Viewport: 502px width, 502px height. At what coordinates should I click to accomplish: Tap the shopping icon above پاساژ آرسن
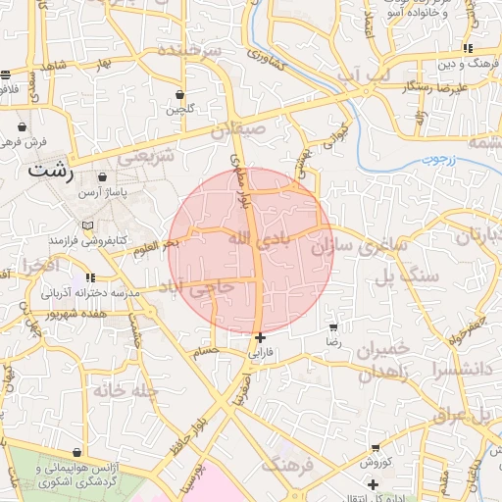tap(102, 177)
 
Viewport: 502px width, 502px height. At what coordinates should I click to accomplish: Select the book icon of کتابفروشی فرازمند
tap(89, 226)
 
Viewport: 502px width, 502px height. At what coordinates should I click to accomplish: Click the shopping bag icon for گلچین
tap(180, 95)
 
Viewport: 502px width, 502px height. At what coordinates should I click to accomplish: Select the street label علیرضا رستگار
tap(438, 87)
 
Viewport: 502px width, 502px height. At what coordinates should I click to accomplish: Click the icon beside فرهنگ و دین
tap(469, 48)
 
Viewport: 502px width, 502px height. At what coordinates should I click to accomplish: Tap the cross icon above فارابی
tap(259, 338)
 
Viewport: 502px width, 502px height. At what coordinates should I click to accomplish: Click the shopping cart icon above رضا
tap(334, 327)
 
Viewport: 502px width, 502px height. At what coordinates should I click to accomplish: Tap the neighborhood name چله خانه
tap(125, 389)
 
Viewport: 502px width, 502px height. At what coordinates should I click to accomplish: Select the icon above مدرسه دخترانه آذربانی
tap(90, 278)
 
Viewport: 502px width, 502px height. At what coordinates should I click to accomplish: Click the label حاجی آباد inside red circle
tap(200, 291)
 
